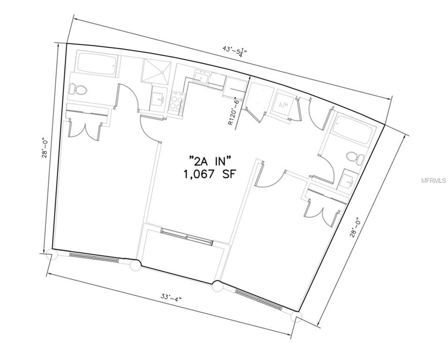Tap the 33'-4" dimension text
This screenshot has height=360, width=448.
click(x=170, y=298)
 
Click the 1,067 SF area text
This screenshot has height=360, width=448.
click(x=210, y=174)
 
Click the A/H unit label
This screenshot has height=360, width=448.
click(x=283, y=105)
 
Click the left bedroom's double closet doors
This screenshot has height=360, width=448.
click(x=84, y=126)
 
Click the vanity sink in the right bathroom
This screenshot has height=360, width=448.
click(x=348, y=180)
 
